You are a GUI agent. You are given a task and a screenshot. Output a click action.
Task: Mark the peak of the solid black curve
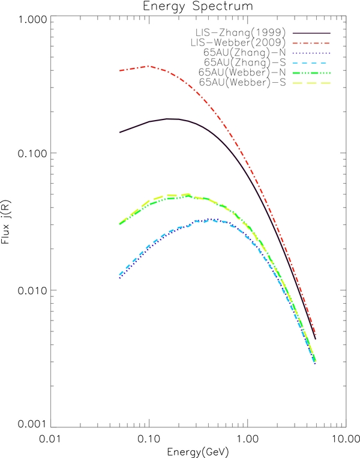pos(170,119)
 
